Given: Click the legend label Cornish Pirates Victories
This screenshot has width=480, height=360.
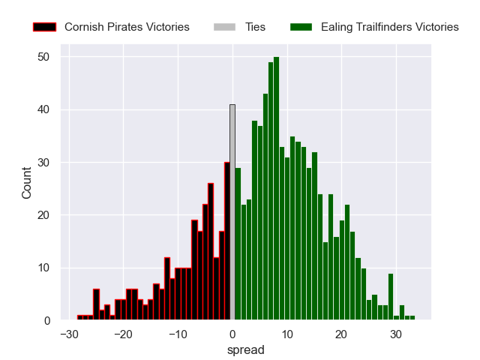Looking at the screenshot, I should (x=127, y=27).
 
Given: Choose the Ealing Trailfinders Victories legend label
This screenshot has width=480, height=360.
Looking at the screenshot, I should (x=389, y=27).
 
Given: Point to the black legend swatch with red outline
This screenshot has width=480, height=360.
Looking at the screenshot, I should (x=45, y=27).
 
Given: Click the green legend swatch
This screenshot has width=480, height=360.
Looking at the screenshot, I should (x=301, y=27).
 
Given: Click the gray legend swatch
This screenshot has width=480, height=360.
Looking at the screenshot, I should (x=225, y=27).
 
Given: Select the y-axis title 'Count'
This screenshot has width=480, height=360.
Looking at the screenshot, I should (x=27, y=182).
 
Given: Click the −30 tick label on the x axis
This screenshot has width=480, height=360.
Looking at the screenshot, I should (x=70, y=334).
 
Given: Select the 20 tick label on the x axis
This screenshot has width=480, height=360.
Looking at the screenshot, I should (x=341, y=334).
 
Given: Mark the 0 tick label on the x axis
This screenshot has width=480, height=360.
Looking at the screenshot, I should (x=232, y=334).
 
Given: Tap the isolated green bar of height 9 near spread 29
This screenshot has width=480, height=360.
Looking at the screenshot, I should (x=391, y=297).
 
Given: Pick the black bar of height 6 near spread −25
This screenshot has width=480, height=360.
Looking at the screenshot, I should (x=96, y=304).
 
